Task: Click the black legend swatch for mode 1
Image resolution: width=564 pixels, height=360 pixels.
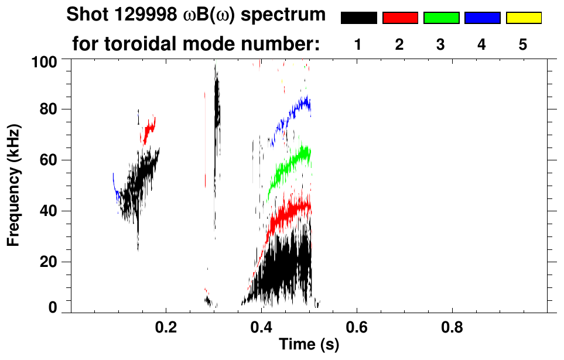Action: point(358,18)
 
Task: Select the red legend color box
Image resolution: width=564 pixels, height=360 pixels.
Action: point(400,18)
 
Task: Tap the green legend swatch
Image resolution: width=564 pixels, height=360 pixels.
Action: point(441,18)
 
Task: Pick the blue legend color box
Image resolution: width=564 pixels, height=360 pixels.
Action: point(482,18)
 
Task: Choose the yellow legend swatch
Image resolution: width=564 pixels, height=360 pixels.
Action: point(523,18)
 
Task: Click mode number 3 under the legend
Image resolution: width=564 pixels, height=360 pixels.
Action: point(440,44)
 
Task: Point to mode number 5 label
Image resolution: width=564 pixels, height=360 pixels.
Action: point(523,44)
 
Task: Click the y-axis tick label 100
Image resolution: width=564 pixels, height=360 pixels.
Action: point(43,61)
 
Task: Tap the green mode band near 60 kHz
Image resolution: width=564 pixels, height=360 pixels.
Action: point(290,164)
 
